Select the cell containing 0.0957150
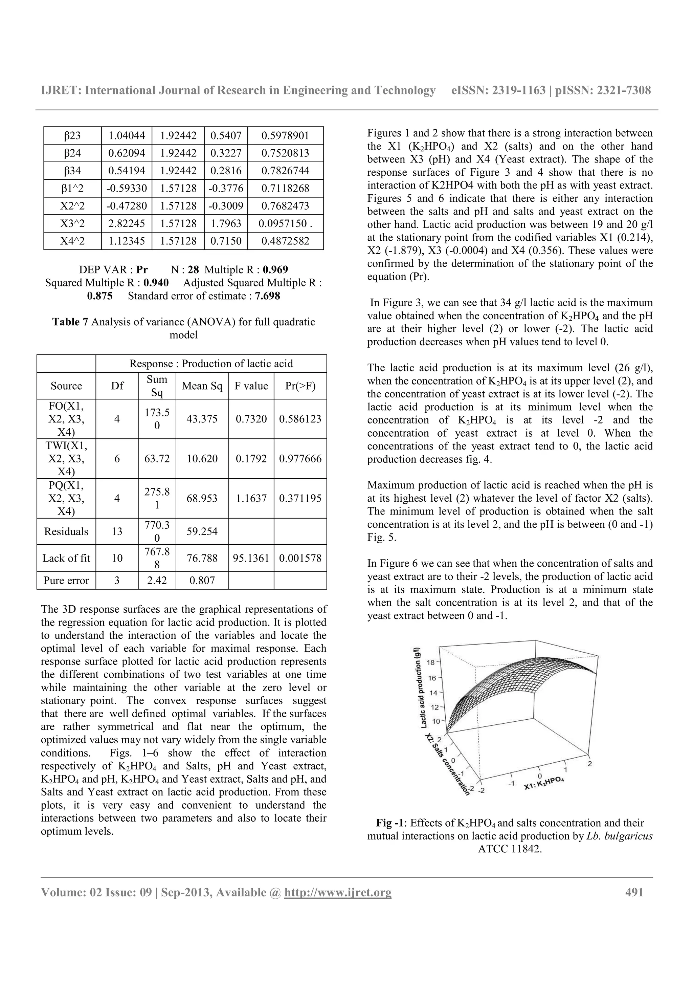click(x=285, y=223)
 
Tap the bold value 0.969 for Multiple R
click(x=275, y=269)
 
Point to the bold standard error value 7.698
click(x=267, y=296)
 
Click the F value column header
click(x=251, y=386)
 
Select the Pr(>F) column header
click(x=300, y=386)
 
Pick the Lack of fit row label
click(x=66, y=558)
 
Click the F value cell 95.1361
click(x=251, y=558)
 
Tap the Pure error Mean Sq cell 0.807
click(x=202, y=580)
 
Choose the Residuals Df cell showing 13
click(x=117, y=531)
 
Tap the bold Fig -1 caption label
click(x=390, y=823)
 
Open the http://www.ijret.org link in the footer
click(x=338, y=893)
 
